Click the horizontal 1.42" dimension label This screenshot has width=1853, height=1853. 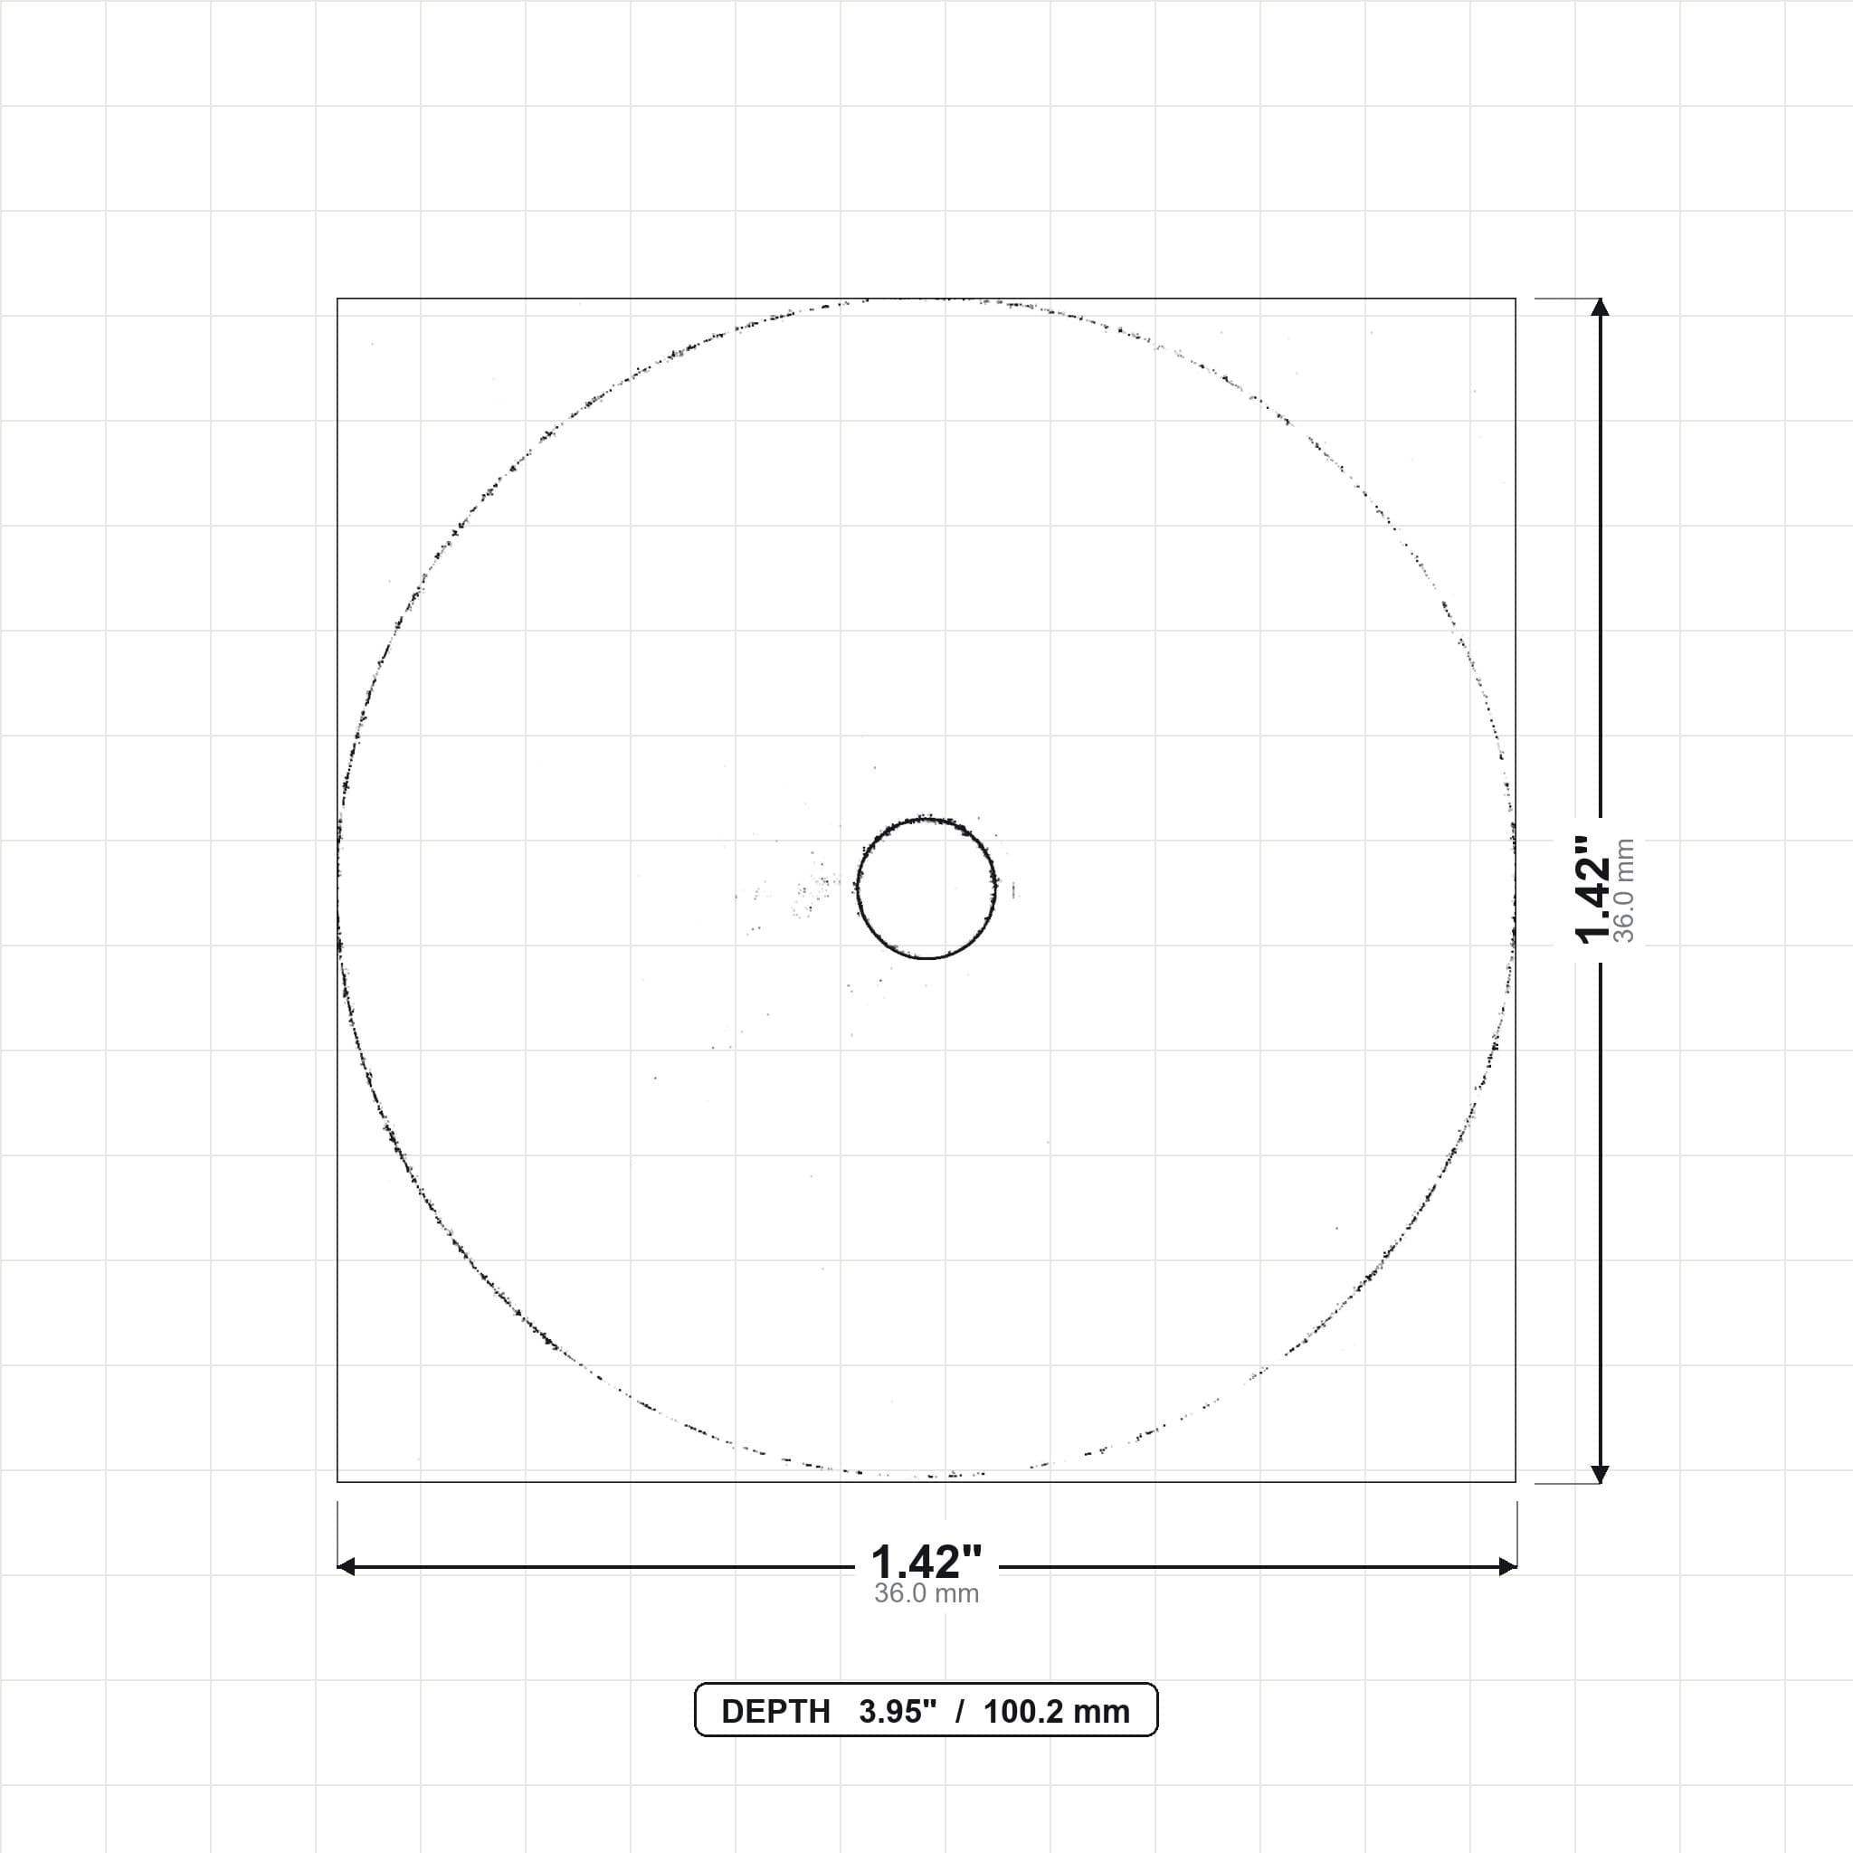tap(926, 1563)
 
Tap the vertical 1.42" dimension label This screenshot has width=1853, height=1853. tap(1593, 889)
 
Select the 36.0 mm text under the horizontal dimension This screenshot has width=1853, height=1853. tap(926, 1593)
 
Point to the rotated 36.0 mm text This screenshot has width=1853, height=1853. tap(1624, 890)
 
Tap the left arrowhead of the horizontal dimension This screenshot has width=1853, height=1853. tap(347, 1567)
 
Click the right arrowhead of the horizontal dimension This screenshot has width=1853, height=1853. tap(1506, 1567)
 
